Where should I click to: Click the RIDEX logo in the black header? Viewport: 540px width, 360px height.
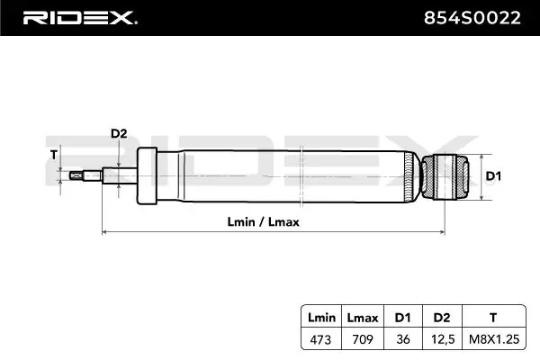80,18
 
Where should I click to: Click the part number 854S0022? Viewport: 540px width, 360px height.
472,18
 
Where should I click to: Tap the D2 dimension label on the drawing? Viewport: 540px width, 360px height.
119,133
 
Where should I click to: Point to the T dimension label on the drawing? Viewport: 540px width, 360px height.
54,155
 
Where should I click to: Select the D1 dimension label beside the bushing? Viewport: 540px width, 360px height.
493,176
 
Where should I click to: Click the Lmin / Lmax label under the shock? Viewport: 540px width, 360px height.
263,222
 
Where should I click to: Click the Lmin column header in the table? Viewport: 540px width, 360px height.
321,318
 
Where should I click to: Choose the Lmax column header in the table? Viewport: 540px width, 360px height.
363,318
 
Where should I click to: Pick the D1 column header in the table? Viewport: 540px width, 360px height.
403,318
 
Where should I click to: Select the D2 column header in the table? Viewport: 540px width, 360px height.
442,318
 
